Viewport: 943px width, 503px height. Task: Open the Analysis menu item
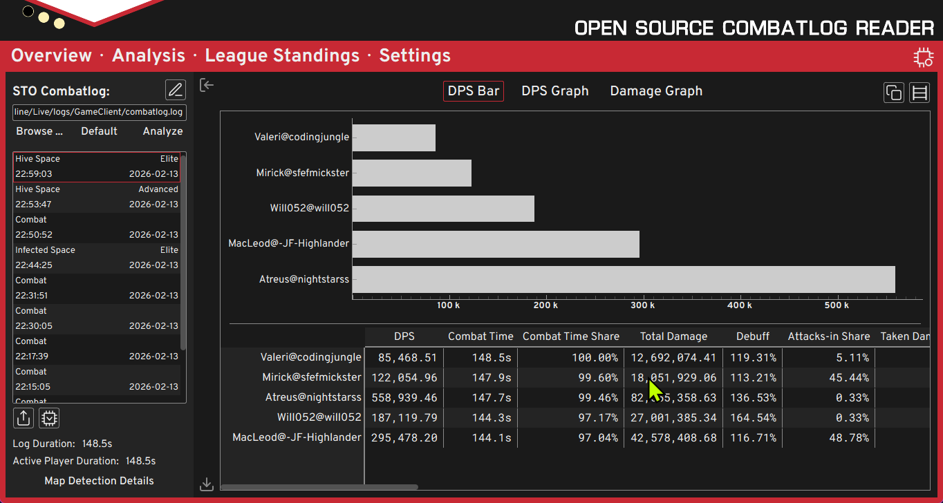pos(149,56)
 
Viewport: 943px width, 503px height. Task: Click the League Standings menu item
pos(282,56)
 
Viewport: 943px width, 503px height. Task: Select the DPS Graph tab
pos(554,91)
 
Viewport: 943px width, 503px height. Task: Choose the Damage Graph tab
pos(656,91)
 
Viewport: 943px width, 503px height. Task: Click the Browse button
pos(39,131)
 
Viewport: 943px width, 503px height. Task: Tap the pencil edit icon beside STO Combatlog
pos(176,90)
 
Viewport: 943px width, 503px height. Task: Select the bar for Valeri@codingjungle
pos(394,137)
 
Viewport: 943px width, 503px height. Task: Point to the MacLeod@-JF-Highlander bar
pos(496,244)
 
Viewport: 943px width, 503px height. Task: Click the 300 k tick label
pos(643,305)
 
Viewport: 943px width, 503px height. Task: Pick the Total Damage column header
pos(673,336)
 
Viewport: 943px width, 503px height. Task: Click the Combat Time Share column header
pos(570,336)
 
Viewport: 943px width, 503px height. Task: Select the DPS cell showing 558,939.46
pos(404,397)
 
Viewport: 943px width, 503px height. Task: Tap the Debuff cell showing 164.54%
pos(753,417)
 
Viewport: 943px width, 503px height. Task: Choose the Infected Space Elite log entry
pos(97,258)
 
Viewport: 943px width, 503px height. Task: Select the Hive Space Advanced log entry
pos(97,197)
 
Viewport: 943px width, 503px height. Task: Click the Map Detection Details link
pos(99,481)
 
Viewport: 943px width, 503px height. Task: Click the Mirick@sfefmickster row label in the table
pos(312,377)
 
